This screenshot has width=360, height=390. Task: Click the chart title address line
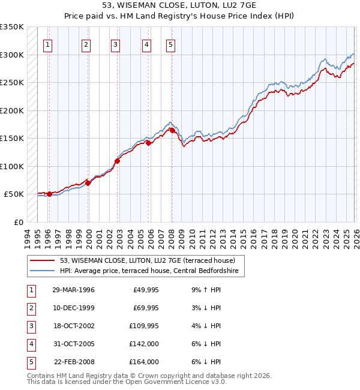point(180,6)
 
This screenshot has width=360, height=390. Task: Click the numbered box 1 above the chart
point(47,44)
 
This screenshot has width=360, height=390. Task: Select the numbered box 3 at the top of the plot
point(115,44)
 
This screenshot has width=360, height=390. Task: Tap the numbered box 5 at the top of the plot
point(171,44)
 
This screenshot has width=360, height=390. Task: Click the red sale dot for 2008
point(172,130)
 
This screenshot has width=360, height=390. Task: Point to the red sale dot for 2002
point(118,161)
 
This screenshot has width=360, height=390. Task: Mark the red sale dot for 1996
point(49,194)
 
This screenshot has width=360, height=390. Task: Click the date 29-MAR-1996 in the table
point(73,290)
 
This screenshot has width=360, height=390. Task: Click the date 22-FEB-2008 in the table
point(73,362)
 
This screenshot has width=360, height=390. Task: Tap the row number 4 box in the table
point(30,344)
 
